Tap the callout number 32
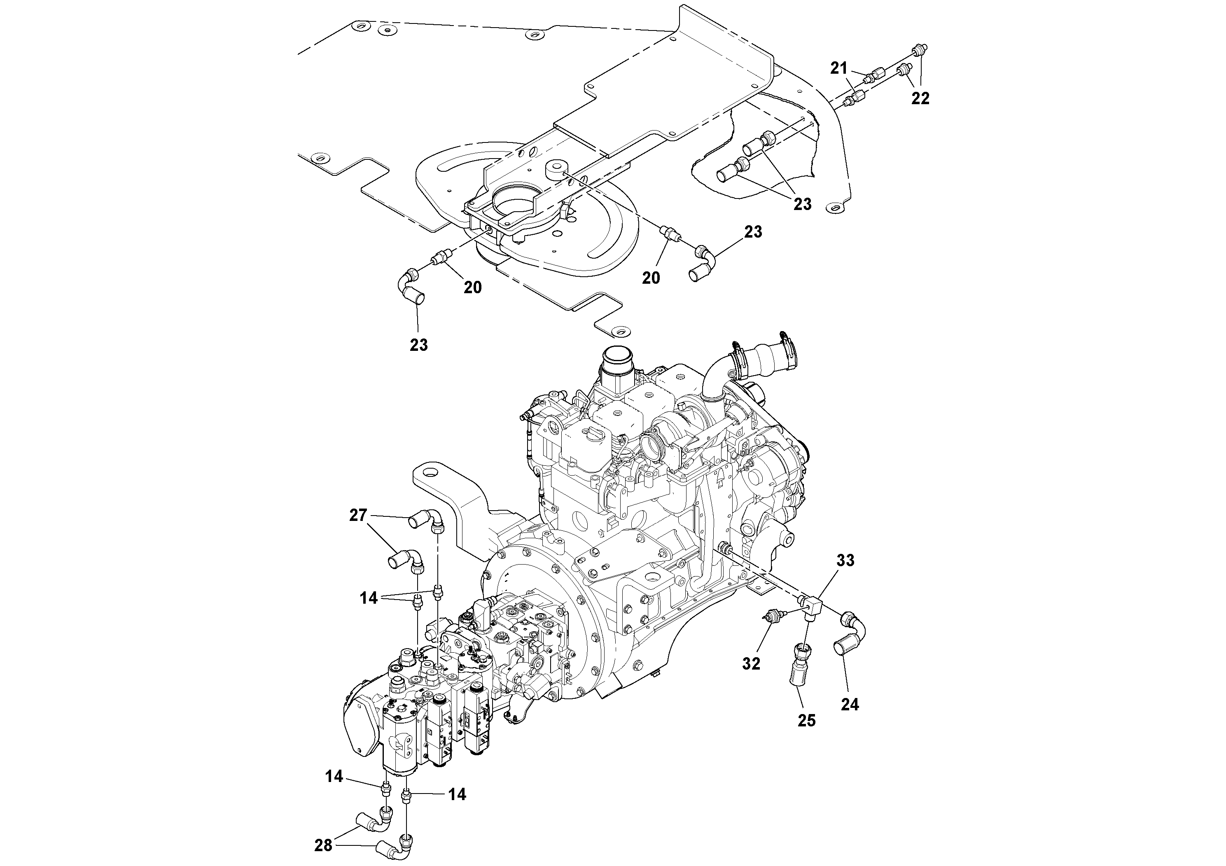[751, 664]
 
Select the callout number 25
[806, 721]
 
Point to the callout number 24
[850, 705]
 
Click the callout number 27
[358, 515]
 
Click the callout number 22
[920, 98]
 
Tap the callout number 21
[839, 68]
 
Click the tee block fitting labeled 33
[814, 605]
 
